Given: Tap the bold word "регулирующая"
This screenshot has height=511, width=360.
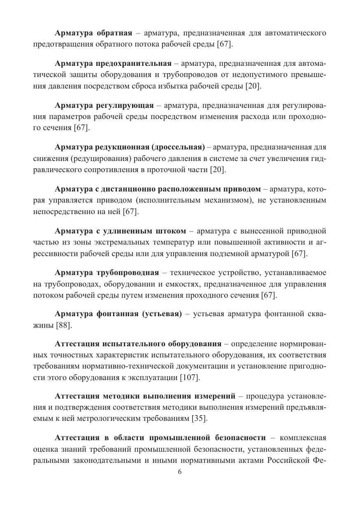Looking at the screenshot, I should [125, 105].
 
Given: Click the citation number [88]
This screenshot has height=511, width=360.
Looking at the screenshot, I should [64, 325].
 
